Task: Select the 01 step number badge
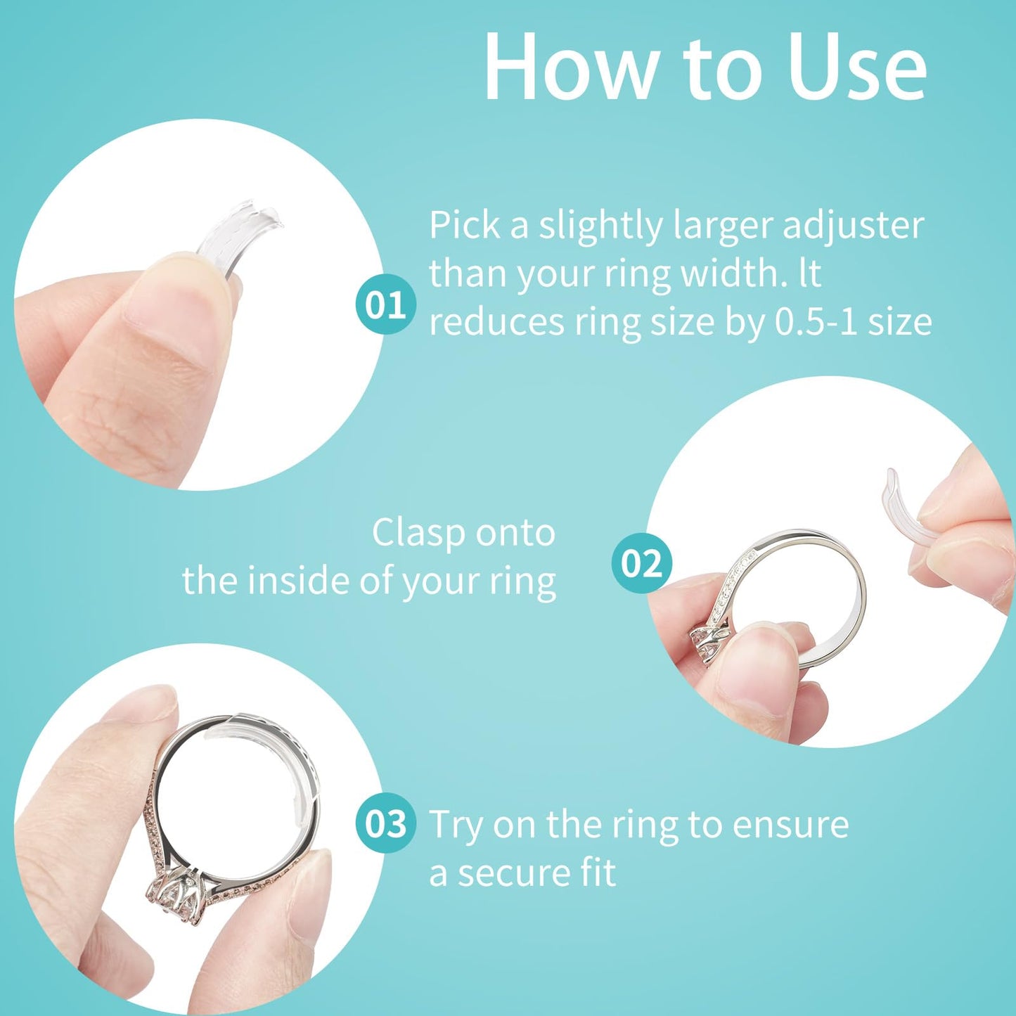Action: [385, 306]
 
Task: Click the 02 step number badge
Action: [641, 564]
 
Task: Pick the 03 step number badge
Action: [385, 823]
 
